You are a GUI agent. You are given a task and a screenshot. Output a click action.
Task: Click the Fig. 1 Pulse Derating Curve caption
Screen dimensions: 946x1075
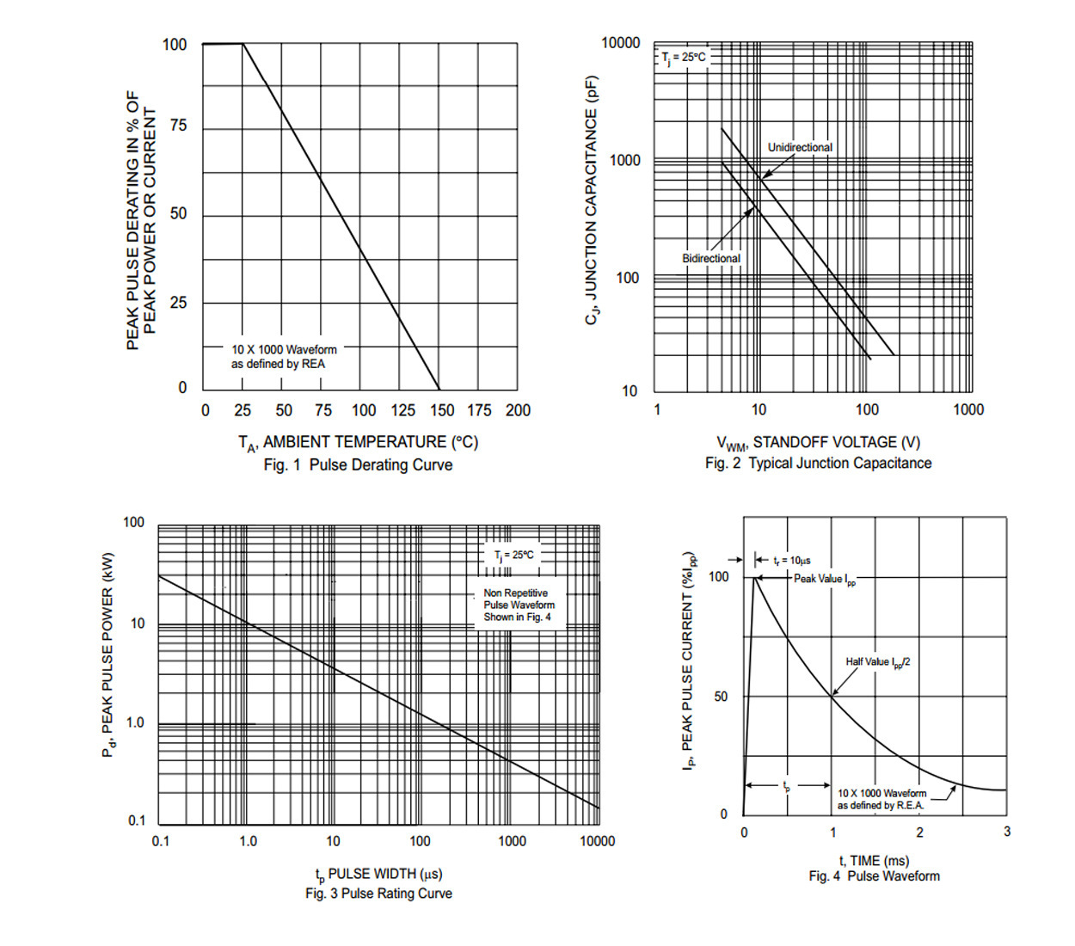click(358, 465)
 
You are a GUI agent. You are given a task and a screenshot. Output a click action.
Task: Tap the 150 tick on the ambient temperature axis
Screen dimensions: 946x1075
click(442, 411)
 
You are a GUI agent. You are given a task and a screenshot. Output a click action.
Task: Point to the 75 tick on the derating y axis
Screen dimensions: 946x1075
click(177, 126)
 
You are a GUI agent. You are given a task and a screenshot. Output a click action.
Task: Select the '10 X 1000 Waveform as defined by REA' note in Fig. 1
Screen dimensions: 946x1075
click(283, 357)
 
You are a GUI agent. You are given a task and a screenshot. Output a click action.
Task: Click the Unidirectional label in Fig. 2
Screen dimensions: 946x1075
click(800, 148)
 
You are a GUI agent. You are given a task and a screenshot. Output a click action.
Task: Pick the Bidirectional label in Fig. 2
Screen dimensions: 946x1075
click(711, 258)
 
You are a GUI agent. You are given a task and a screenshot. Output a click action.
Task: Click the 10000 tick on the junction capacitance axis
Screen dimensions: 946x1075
click(620, 43)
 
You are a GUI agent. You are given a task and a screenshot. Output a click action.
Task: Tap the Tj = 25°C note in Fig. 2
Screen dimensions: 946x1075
click(683, 58)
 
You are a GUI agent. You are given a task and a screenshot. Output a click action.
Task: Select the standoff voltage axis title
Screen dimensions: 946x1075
click(818, 443)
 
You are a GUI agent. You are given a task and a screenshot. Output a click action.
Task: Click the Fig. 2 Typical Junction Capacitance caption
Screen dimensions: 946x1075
click(818, 464)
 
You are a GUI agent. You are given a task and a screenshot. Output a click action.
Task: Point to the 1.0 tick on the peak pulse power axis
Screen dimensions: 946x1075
click(135, 723)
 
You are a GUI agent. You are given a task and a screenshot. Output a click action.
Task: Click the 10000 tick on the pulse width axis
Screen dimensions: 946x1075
click(597, 841)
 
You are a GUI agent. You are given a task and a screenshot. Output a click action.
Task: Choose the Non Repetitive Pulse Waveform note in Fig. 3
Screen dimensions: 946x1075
click(519, 605)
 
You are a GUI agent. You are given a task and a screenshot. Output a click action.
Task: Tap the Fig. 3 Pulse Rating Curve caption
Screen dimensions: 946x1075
click(378, 894)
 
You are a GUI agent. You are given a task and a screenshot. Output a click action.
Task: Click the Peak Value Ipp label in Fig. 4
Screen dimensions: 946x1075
click(824, 580)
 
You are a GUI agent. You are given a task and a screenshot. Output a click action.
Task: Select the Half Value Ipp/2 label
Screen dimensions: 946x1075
click(877, 662)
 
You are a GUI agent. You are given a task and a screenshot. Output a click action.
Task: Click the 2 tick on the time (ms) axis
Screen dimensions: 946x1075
click(919, 832)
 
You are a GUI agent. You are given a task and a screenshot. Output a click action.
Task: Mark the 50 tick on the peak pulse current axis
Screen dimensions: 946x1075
click(721, 697)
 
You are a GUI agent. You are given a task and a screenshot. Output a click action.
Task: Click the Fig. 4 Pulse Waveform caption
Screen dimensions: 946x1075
click(874, 876)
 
